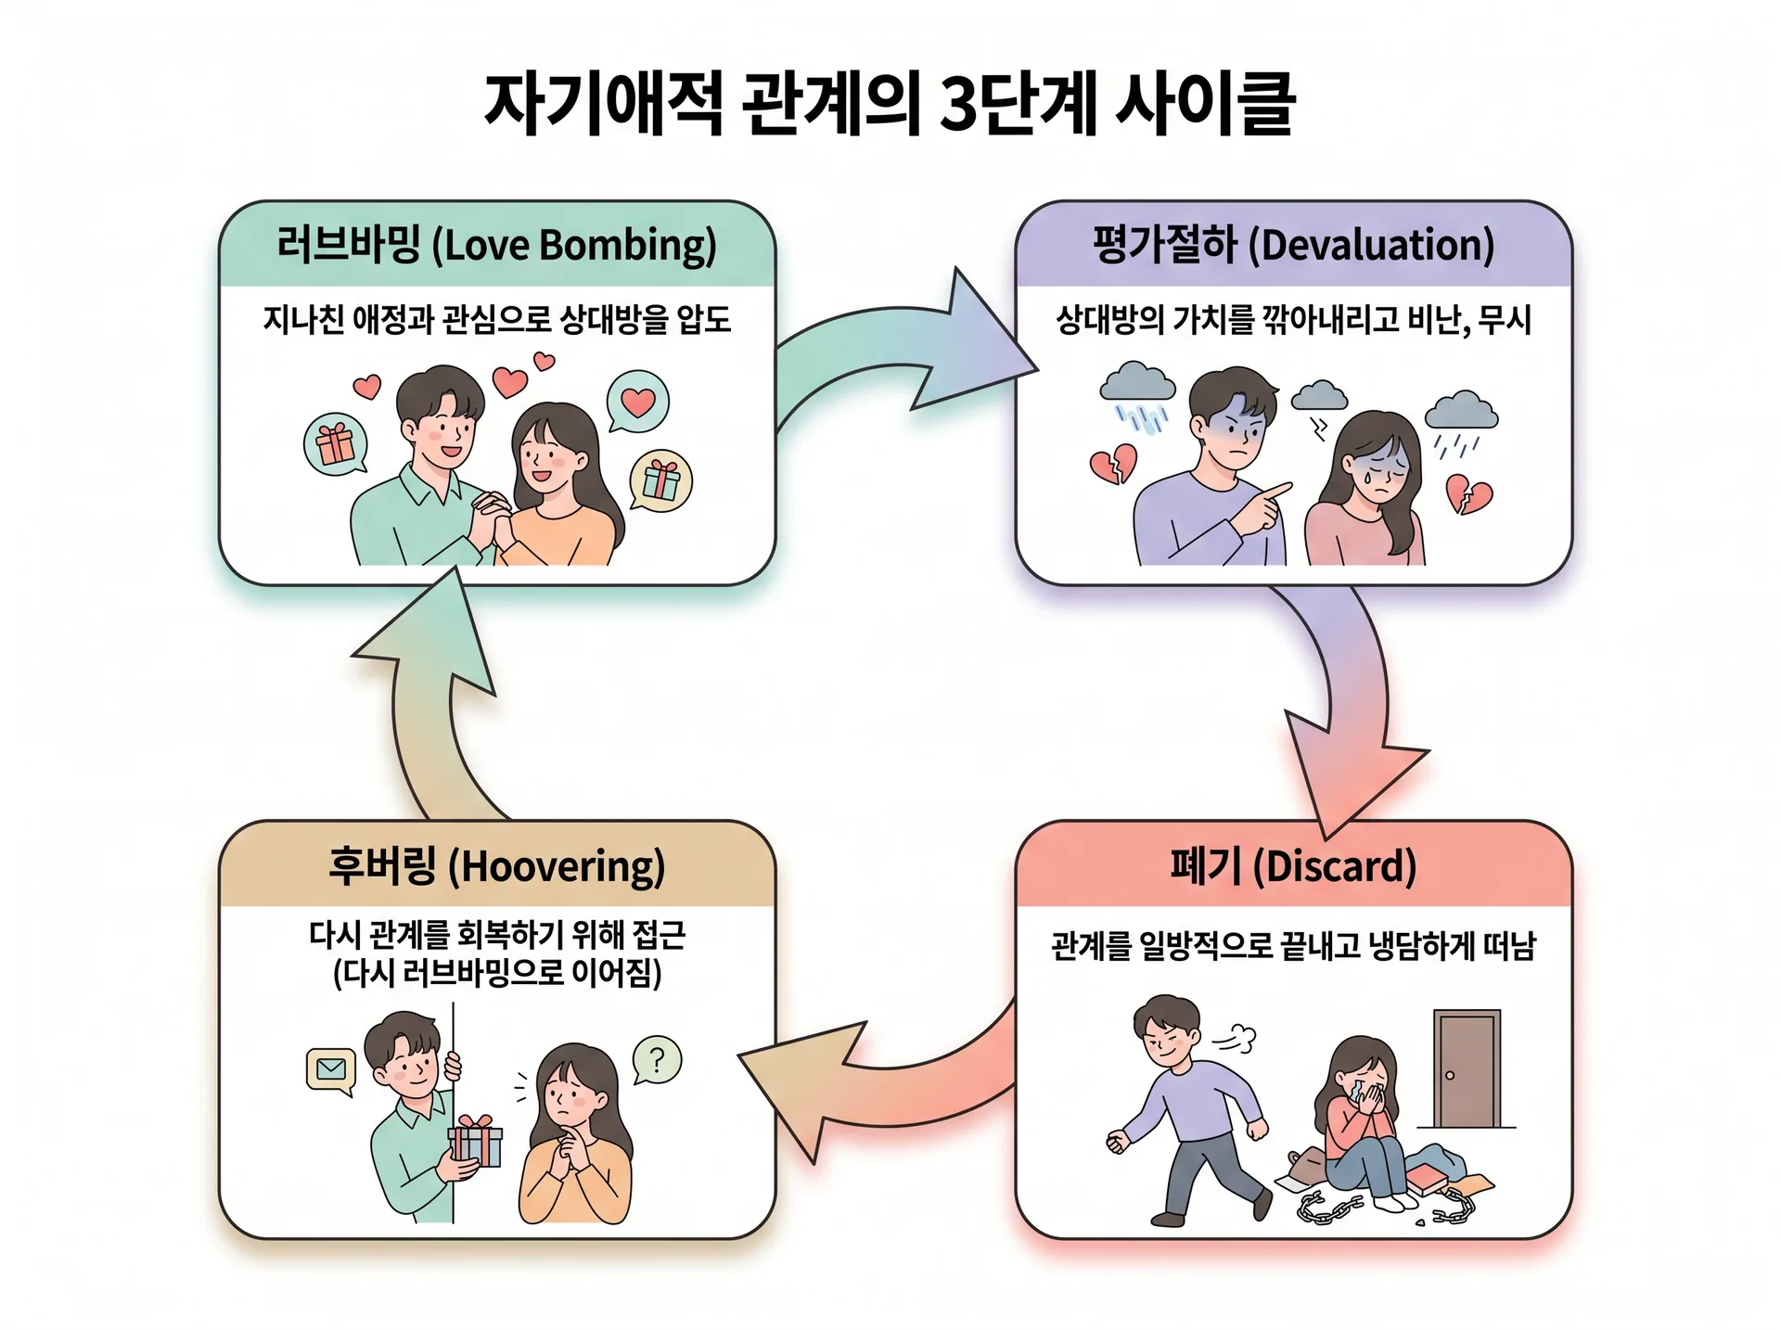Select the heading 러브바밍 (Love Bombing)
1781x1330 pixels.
pos(496,245)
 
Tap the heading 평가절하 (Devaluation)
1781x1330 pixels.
pos(1293,245)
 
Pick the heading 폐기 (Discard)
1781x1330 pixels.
pos(1293,866)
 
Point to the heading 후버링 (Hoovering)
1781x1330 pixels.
pos(496,866)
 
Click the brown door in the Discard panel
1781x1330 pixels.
pos(1467,1068)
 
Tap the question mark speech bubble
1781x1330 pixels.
pos(657,1060)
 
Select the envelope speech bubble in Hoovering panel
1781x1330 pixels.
pos(330,1070)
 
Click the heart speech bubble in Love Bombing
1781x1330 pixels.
pos(637,401)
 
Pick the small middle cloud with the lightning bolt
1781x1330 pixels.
pos(1319,396)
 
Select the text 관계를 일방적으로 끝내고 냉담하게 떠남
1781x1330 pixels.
pos(1293,946)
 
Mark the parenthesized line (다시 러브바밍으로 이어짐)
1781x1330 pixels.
pos(497,974)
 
